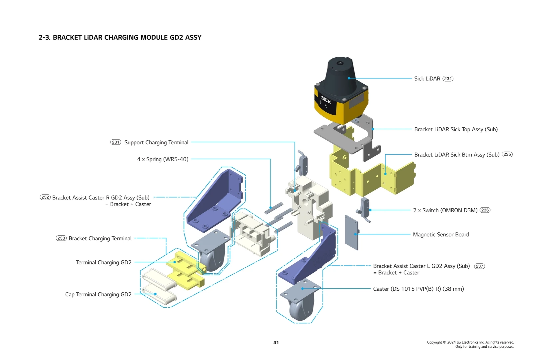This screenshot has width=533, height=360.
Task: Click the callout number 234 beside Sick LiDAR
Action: coord(448,79)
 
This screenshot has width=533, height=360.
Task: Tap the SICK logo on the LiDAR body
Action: coord(326,100)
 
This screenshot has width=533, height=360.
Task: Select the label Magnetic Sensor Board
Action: coord(441,235)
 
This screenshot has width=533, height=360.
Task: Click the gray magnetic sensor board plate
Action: coord(351,232)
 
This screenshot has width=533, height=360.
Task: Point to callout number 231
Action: coord(116,142)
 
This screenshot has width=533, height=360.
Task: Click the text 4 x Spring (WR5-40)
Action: coord(163,159)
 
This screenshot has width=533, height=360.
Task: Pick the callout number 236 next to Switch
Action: coord(485,210)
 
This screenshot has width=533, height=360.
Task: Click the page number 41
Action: coord(276,342)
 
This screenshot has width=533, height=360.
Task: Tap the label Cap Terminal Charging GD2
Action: coord(98,295)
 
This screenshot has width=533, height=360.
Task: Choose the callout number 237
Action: coord(479,266)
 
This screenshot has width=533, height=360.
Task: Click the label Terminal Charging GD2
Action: coord(104,263)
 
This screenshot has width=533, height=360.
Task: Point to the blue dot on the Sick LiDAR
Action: coord(349,78)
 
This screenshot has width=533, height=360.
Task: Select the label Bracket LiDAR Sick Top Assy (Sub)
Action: coord(456,129)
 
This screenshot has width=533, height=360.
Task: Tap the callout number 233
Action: coord(61,238)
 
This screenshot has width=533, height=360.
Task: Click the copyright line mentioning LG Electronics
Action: coord(470,342)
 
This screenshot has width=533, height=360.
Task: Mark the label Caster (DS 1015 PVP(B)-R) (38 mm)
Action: coord(418,289)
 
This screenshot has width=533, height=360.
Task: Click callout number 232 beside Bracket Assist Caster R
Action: coord(45,197)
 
